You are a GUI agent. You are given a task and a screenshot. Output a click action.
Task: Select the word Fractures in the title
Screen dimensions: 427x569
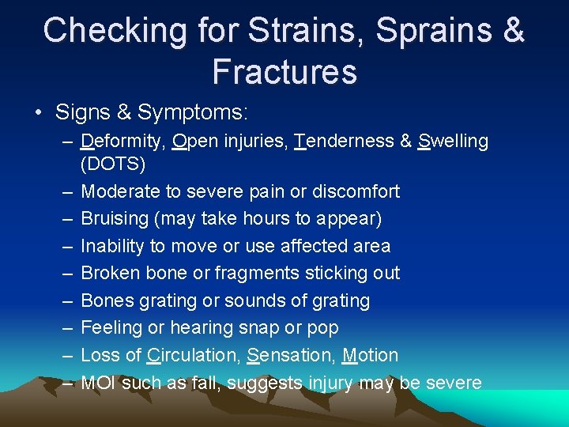point(284,72)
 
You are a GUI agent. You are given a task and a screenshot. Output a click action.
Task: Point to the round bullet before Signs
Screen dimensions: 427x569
point(39,113)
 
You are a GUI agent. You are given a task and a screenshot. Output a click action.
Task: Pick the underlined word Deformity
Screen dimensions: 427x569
point(124,142)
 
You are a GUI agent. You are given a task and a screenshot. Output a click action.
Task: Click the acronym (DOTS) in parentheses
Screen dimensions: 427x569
point(112,164)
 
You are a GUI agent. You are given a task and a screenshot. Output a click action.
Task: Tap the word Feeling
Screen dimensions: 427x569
point(112,328)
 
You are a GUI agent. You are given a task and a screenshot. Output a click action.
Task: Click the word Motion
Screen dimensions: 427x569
point(371,356)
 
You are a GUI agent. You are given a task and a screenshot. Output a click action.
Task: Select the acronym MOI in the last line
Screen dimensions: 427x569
point(99,384)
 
